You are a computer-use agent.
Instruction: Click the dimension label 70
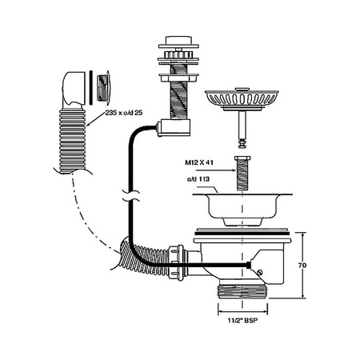[x=302, y=266]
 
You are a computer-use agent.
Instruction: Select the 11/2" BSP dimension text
[x=242, y=320]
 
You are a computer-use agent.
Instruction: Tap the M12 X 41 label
[x=199, y=162]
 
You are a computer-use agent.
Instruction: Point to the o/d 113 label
[x=198, y=179]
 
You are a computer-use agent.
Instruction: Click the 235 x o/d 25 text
[x=124, y=113]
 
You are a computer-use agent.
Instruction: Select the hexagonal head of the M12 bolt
[x=242, y=158]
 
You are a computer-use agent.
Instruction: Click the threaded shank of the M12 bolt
[x=242, y=176]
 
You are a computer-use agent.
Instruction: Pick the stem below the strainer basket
[x=242, y=129]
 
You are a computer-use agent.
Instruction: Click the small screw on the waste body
[x=260, y=273]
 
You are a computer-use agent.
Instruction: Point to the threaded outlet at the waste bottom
[x=242, y=291]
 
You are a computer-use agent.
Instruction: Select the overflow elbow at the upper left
[x=74, y=90]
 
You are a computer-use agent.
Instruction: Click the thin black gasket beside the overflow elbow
[x=91, y=86]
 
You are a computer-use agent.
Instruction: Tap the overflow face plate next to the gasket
[x=103, y=86]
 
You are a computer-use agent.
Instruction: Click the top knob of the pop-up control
[x=178, y=40]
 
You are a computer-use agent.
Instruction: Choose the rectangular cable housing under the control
[x=174, y=128]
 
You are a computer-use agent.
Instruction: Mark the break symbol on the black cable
[x=130, y=195]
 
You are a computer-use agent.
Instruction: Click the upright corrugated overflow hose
[x=72, y=141]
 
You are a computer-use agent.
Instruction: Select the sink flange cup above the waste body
[x=242, y=210]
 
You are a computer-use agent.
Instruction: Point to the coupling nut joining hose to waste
[x=176, y=262]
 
